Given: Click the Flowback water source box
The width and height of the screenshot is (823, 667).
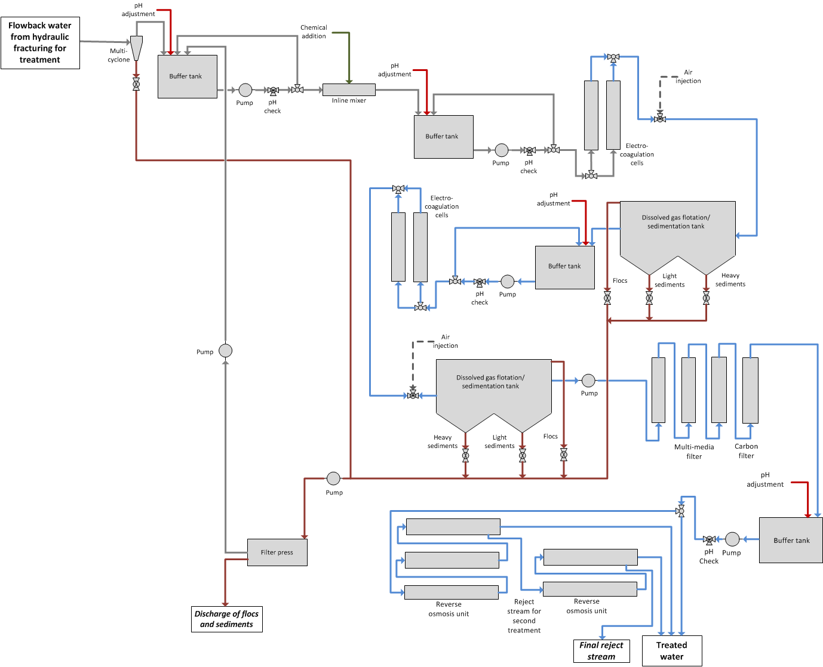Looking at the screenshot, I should pos(40,43).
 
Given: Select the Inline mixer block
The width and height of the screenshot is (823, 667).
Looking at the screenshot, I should pos(349,89).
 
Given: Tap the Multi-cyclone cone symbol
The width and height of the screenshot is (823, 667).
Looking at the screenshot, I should pos(136,48).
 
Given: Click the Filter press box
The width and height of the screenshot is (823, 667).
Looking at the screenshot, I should pos(277,552).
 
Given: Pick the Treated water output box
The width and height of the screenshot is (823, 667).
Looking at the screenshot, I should pos(671,650).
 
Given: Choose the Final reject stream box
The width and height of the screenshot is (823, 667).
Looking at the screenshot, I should pos(601,650).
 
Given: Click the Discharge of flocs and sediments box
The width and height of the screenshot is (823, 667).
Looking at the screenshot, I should pos(226,619).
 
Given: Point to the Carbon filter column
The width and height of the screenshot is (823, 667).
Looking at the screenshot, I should pos(750,390).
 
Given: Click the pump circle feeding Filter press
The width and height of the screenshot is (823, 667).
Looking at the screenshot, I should pos(333,478).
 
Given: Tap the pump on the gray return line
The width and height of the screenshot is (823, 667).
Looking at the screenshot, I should pos(225,351).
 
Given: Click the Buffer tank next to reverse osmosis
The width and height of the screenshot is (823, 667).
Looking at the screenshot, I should pos(791,541).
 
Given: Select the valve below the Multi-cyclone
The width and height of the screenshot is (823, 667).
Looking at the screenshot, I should pos(136,84).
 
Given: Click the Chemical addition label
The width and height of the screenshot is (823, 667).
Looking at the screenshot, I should pos(314,32).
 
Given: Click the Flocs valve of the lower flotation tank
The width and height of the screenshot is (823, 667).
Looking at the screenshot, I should pos(563,455).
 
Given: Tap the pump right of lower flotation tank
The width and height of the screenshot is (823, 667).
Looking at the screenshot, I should pos(588,381).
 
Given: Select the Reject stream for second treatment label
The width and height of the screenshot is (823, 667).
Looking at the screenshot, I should pos(524,616).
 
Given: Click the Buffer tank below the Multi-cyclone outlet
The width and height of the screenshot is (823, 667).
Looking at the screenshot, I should pos(187,76).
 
